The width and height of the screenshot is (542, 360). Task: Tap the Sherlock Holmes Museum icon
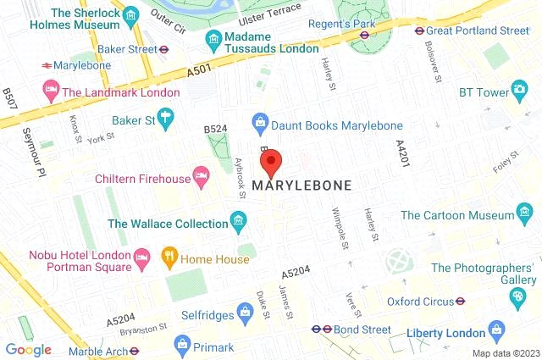tap(130, 15)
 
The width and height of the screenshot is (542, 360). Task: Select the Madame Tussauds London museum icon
tap(213, 40)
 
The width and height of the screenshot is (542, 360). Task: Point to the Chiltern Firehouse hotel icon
tap(201, 177)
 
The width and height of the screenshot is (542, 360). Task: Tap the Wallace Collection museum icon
tap(239, 224)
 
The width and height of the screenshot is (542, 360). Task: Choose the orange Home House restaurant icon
tap(169, 255)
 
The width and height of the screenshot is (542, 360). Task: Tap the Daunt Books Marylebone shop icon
tap(259, 125)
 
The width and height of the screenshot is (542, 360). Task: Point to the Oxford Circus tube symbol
tap(460, 301)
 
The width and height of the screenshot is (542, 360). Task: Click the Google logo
tap(28, 349)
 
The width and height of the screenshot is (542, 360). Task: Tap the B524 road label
tap(216, 129)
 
